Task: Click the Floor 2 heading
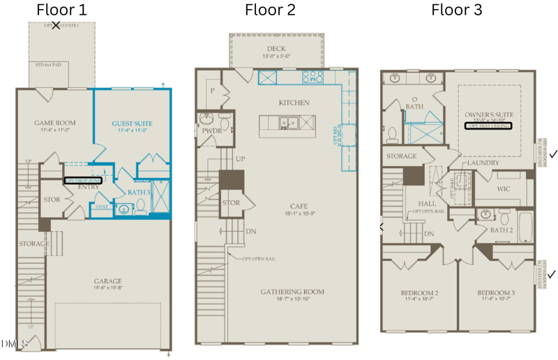[x=270, y=10]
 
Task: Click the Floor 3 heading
[x=457, y=10]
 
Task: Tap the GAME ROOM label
[x=55, y=123]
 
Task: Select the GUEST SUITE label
[x=132, y=123]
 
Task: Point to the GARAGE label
[x=107, y=282]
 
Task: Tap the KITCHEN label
[x=294, y=103]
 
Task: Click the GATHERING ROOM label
[x=292, y=292]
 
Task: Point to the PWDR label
[x=212, y=130]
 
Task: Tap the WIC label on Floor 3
[x=504, y=188]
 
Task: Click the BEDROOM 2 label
[x=418, y=292]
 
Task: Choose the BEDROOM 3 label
[x=496, y=292]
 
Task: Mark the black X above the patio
[x=56, y=26]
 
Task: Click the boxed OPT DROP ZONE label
[x=83, y=180]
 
